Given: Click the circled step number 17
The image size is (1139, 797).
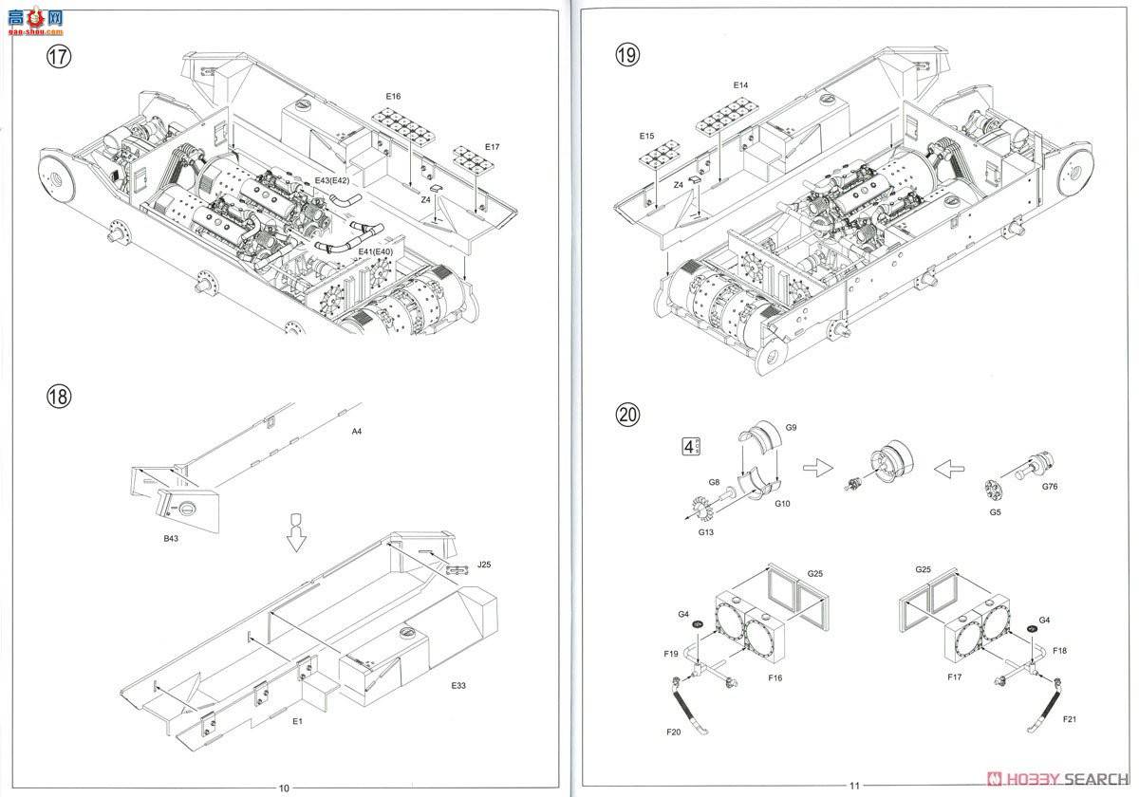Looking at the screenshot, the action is pyautogui.click(x=59, y=56).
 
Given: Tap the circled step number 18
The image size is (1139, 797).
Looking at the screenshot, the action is pyautogui.click(x=59, y=397).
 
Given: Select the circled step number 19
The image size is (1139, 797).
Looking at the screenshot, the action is pyautogui.click(x=627, y=55).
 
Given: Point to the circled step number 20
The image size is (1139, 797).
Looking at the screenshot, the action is pyautogui.click(x=627, y=415).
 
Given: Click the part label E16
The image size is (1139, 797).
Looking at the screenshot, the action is pyautogui.click(x=393, y=96).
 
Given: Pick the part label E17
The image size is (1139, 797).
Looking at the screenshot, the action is pyautogui.click(x=493, y=147).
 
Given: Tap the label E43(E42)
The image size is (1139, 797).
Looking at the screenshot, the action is pyautogui.click(x=332, y=180).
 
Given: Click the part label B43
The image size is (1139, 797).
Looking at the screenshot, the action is pyautogui.click(x=171, y=538).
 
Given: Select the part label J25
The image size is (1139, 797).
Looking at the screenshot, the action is pyautogui.click(x=484, y=565).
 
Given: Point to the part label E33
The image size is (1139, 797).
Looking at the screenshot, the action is pyautogui.click(x=458, y=686).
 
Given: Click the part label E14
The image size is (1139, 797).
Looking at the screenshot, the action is pyautogui.click(x=740, y=85).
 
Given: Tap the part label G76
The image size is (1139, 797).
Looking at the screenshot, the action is pyautogui.click(x=1050, y=487).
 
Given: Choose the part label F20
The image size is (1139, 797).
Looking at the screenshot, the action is pyautogui.click(x=673, y=732).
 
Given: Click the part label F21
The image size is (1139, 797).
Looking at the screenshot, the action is pyautogui.click(x=1070, y=719).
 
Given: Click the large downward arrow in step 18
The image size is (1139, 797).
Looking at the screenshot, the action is pyautogui.click(x=296, y=532).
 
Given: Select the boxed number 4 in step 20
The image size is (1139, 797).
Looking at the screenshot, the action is pyautogui.click(x=689, y=447).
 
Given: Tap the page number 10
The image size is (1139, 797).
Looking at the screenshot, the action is pyautogui.click(x=284, y=788).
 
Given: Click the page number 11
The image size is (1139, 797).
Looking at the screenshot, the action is pyautogui.click(x=854, y=786).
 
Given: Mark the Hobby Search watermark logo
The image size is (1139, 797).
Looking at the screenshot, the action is pyautogui.click(x=1057, y=779).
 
